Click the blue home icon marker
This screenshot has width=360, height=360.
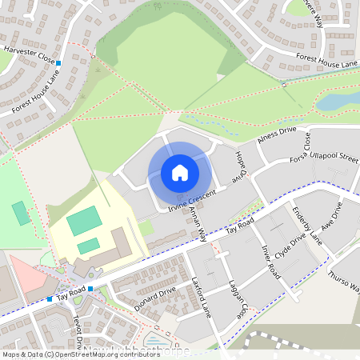click(180, 172)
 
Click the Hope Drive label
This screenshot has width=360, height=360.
click(237, 166)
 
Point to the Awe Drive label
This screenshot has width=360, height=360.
click(337, 215)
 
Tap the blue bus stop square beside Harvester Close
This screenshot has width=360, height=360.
click(58, 62)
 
